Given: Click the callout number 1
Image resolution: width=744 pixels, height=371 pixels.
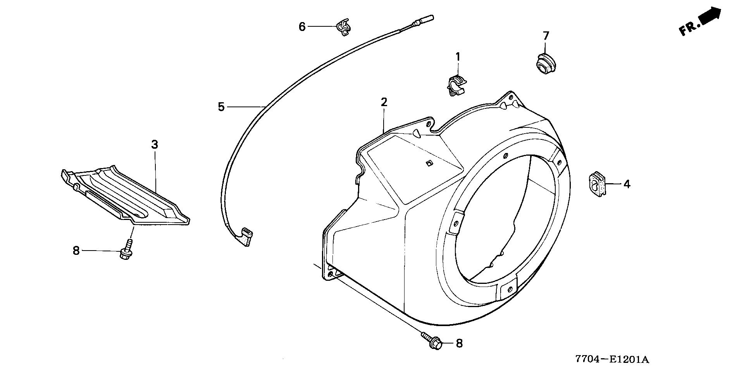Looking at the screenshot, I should click(458, 57).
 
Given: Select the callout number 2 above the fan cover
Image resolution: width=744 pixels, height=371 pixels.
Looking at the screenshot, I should click(384, 102).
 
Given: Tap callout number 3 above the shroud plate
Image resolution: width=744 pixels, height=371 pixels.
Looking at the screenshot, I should click(155, 145).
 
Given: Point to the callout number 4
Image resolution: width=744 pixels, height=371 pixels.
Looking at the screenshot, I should click(627, 184).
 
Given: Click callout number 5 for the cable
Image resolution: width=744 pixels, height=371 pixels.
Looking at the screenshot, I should click(221, 106).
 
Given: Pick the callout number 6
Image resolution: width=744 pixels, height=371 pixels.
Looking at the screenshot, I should click(302, 27).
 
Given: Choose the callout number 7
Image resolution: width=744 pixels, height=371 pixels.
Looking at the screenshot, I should click(546, 36).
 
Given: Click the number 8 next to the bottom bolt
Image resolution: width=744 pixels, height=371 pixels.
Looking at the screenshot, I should click(459, 343).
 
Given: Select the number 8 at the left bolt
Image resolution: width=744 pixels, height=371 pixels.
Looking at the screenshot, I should click(76, 251).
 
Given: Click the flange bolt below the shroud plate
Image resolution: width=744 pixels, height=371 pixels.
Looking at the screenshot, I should click(126, 252).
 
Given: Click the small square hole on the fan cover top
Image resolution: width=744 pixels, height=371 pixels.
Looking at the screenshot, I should click(429, 163).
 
